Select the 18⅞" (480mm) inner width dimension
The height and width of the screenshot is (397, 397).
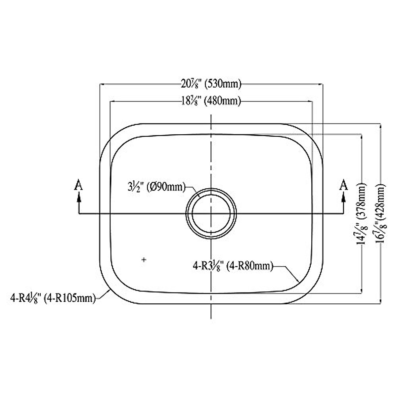point(210,101)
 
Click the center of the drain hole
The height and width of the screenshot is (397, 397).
point(211,213)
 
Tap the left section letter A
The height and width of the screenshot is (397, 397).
point(78,185)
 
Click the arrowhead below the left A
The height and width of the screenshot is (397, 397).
point(78,197)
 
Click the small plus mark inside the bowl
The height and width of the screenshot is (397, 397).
point(144,260)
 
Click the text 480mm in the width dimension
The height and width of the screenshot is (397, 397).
point(223,101)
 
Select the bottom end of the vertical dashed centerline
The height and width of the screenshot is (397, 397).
point(211,318)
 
